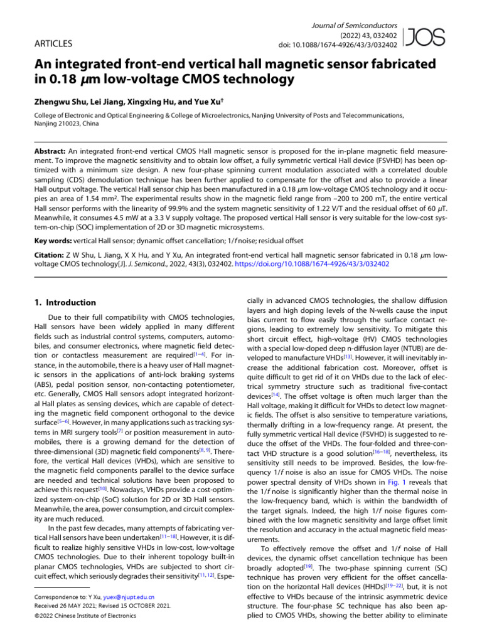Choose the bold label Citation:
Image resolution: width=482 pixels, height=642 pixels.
[48, 256]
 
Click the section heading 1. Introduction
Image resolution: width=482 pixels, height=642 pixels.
[65, 302]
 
